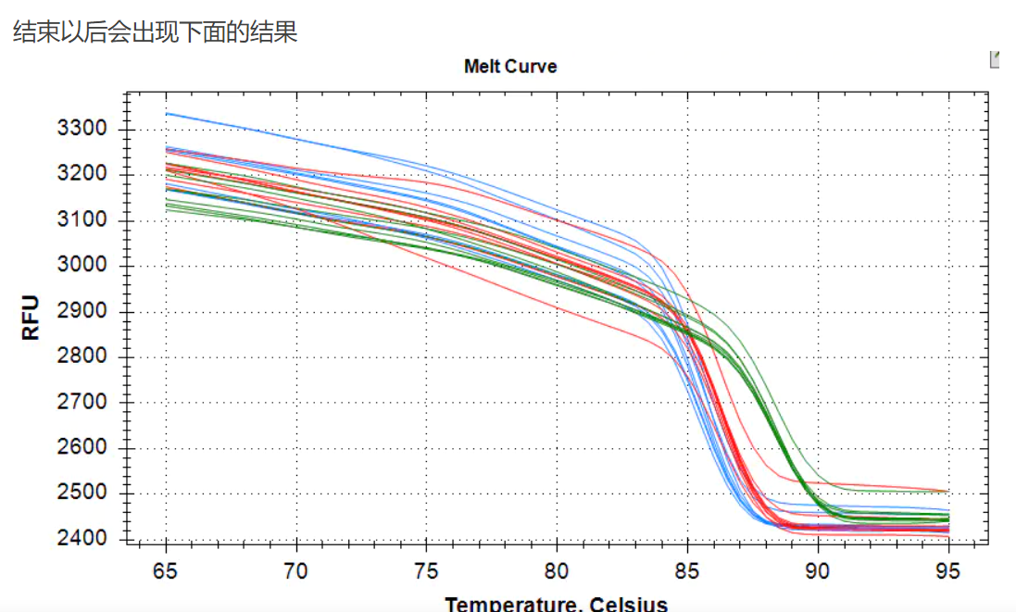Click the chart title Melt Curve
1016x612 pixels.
tap(510, 67)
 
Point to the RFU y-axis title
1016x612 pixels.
tap(31, 318)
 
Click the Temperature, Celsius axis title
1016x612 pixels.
tap(556, 604)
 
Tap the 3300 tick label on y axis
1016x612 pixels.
tap(83, 129)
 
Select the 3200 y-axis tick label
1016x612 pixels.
tap(83, 174)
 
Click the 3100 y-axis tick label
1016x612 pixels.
tap(83, 220)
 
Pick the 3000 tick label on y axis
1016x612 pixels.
tap(83, 266)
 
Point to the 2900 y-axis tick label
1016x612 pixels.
tap(83, 311)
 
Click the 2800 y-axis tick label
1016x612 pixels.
tap(83, 356)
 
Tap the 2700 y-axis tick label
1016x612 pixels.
tap(83, 403)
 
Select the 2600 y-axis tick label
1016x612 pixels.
tap(83, 448)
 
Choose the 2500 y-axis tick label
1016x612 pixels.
tap(83, 493)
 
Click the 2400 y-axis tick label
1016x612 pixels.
tap(83, 539)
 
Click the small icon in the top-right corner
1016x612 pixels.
tap(996, 59)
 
